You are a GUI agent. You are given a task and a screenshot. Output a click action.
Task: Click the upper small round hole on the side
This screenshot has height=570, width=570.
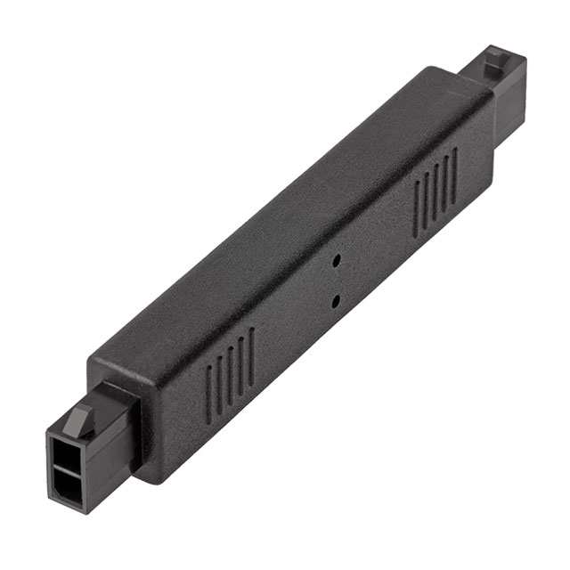[336, 262]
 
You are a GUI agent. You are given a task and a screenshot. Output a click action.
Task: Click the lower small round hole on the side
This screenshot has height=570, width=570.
[335, 303]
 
